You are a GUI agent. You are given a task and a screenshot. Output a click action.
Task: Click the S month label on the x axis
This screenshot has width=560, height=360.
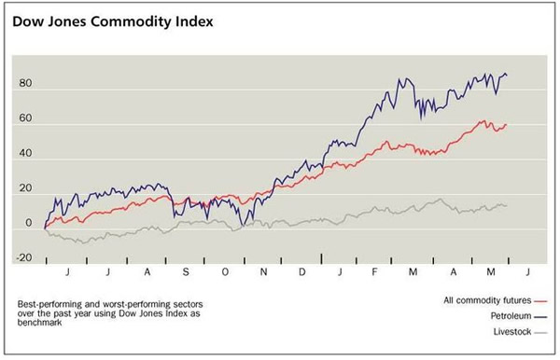tap(185, 271)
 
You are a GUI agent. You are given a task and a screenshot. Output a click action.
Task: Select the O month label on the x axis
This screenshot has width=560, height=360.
tap(225, 271)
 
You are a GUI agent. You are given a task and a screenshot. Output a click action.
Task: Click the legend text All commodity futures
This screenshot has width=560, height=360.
tap(482, 300)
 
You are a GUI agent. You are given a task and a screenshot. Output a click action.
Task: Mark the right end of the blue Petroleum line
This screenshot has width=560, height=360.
tap(508, 76)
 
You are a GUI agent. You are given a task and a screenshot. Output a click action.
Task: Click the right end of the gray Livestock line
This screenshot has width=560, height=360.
tap(508, 205)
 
